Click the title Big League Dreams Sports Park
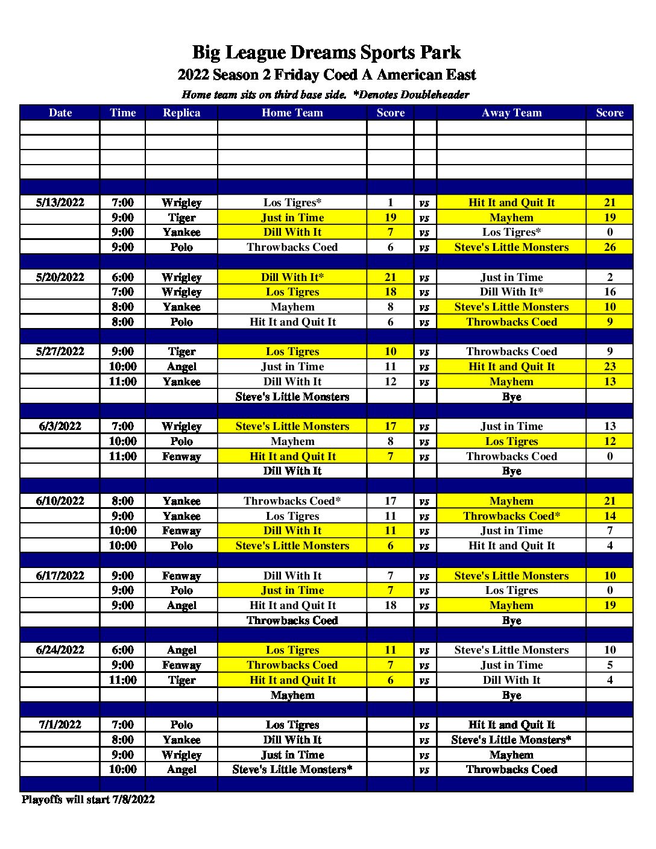pos(326,52)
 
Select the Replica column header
pos(181,113)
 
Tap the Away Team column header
pos(511,113)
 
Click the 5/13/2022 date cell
pos(60,203)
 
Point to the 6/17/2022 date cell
pos(60,576)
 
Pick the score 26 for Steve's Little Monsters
pos(610,247)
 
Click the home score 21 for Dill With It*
pos(390,277)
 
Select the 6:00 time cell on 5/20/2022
pos(122,277)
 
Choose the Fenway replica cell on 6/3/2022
pos(181,456)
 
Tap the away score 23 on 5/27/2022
pos(610,367)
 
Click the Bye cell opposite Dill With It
pos(511,471)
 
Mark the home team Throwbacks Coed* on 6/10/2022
pos(292,501)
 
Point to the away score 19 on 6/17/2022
pos(610,605)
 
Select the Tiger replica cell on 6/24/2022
pos(181,680)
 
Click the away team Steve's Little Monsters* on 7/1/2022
pos(511,740)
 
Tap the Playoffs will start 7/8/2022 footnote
pos(88,800)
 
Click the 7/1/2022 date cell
pos(60,725)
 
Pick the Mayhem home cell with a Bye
pos(292,695)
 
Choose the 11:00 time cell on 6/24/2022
pos(122,680)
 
